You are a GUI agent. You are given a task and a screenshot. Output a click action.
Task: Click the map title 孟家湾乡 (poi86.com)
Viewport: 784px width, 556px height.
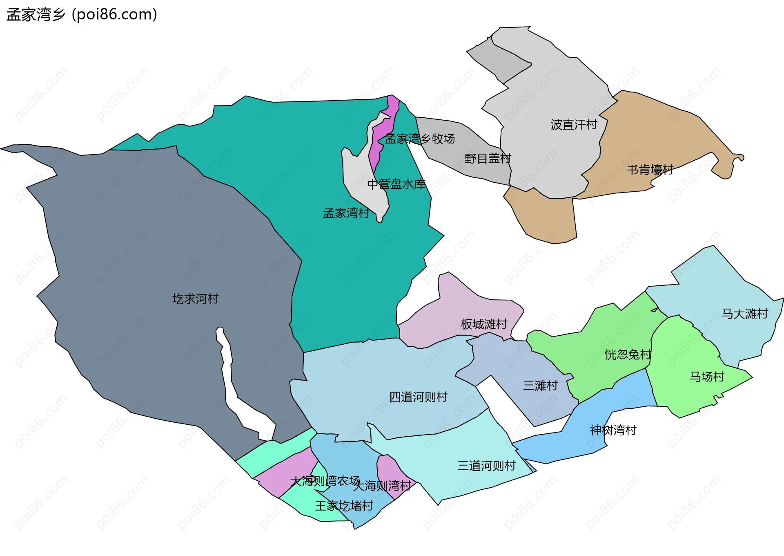coord(82,15)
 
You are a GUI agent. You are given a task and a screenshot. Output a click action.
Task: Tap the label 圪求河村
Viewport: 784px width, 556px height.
coord(195,299)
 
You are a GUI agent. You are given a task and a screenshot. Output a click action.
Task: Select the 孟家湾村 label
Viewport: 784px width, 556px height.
coord(346,213)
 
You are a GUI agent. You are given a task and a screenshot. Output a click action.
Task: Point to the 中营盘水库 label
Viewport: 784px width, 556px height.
coord(396,184)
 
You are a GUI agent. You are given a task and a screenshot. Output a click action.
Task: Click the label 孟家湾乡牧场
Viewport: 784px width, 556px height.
coord(420,139)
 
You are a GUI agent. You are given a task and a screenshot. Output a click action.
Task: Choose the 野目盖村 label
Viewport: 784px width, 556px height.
coord(488,158)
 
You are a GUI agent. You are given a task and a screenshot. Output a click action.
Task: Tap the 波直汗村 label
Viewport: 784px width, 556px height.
coord(574,124)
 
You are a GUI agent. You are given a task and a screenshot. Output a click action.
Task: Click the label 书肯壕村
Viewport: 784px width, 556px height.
coord(650,170)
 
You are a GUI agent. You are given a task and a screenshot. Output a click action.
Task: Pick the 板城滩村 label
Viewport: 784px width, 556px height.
coord(484,324)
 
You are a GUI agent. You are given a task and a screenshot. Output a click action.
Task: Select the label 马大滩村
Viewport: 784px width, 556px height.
coord(745,314)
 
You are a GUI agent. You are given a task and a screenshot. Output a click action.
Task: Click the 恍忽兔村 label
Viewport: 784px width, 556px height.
coord(628,354)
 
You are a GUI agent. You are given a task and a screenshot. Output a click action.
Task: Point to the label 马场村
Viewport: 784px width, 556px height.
coord(707,377)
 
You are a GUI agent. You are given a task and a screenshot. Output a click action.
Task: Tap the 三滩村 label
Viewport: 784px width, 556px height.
coord(540,386)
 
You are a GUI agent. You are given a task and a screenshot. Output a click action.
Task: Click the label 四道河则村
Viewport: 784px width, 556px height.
coord(418,397)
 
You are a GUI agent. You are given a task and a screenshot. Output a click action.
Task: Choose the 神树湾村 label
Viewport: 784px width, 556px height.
coord(613,430)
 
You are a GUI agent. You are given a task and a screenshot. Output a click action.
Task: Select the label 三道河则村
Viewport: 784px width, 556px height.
coord(486,466)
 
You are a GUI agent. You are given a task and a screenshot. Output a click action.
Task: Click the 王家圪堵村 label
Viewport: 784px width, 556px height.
coord(344,506)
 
